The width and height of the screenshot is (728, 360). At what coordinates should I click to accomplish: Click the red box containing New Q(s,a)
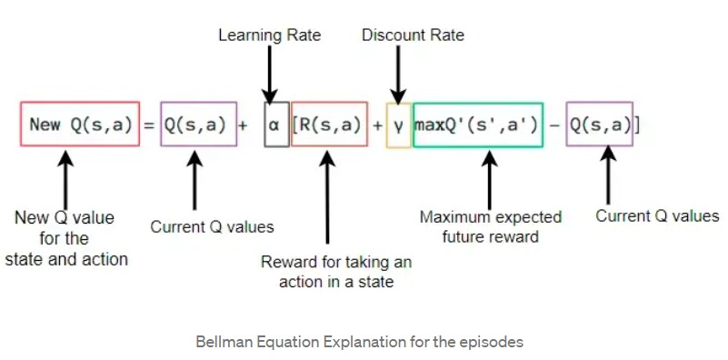79,125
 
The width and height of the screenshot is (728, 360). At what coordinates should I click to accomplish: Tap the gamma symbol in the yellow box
398,125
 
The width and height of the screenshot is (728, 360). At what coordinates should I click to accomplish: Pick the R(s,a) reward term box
329,125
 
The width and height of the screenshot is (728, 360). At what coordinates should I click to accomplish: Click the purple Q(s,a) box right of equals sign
193,125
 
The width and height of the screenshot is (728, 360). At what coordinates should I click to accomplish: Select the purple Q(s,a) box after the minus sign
600,125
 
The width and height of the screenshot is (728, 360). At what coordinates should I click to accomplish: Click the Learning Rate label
269,35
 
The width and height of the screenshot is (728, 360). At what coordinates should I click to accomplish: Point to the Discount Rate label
413,35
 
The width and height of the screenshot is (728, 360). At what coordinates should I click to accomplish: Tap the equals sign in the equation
150,125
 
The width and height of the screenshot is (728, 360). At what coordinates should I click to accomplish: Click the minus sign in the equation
554,125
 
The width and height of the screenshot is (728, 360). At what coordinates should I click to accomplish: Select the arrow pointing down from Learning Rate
269,75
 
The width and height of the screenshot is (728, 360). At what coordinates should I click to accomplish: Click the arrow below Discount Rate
397,75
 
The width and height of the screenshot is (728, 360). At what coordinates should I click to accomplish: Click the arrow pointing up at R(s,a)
329,200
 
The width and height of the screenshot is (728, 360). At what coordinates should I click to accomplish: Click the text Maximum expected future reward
490,227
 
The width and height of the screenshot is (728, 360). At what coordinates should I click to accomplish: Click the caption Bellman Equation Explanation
359,343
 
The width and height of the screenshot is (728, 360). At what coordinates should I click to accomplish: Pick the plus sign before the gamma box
377,125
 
